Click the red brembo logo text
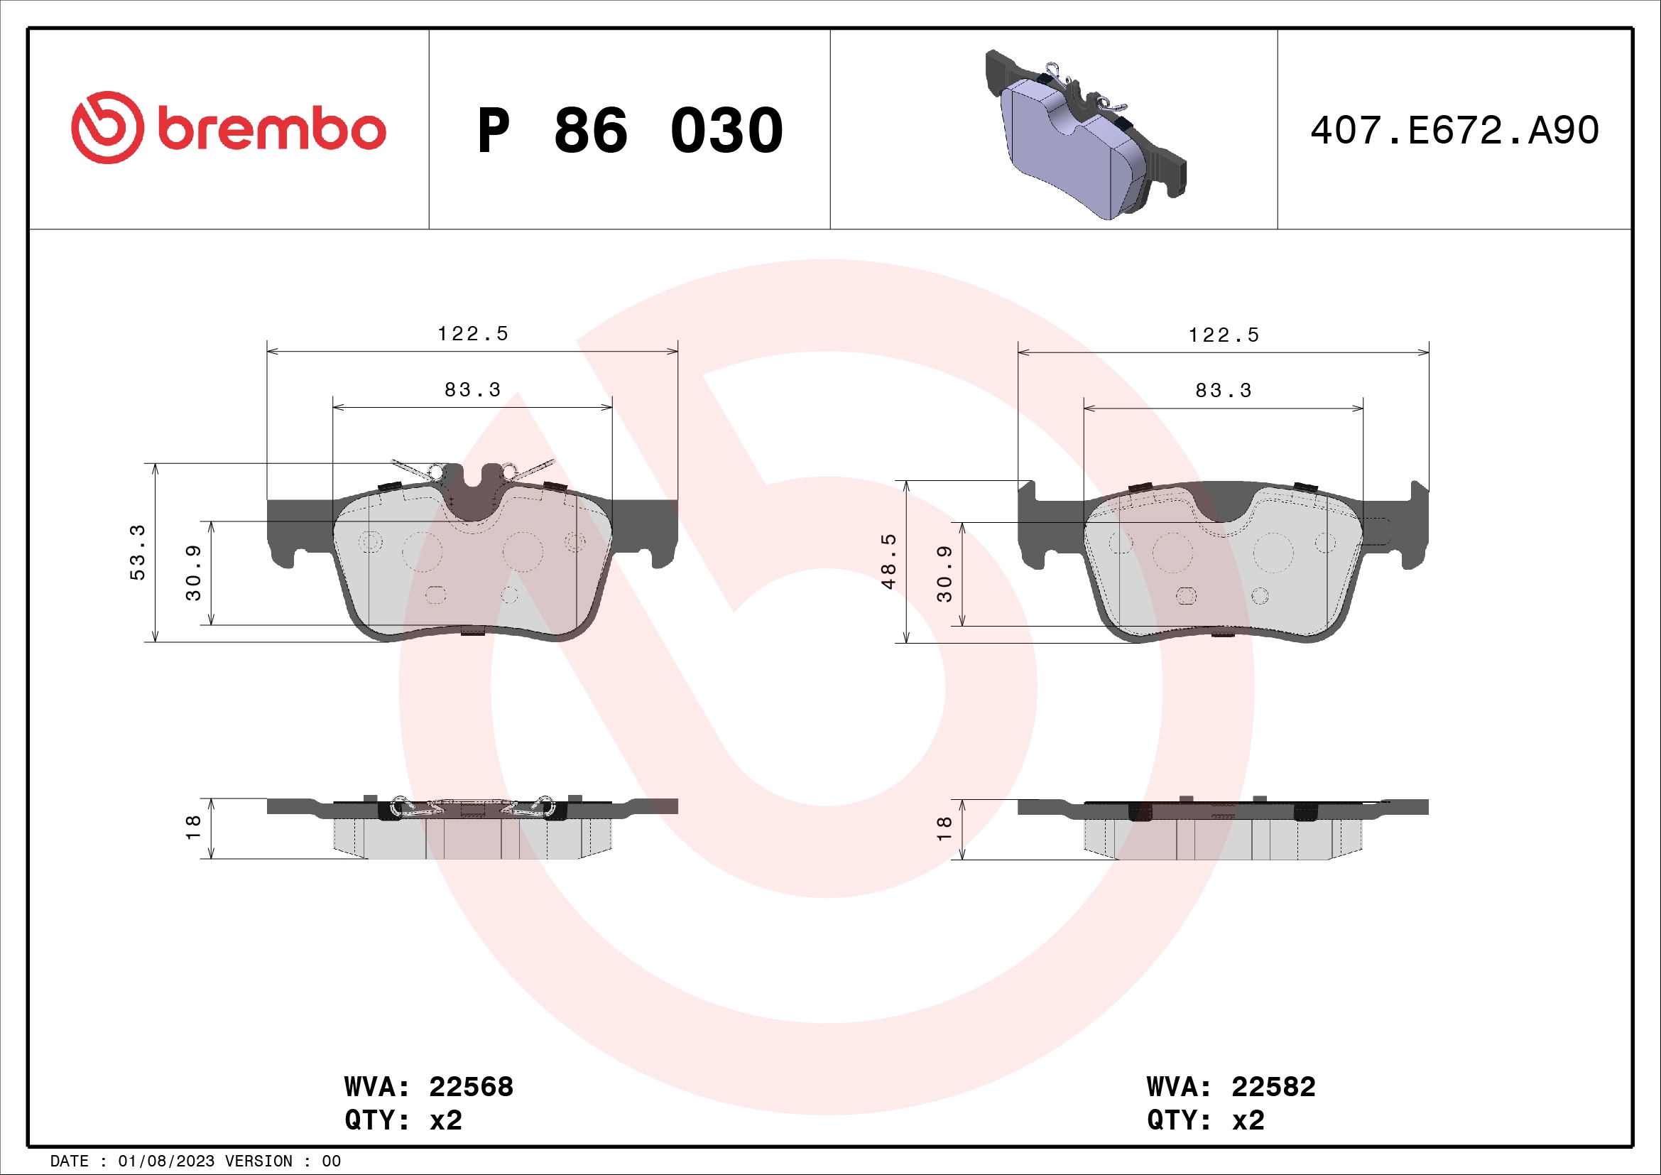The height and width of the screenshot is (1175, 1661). tap(271, 130)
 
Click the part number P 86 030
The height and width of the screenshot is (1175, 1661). tap(629, 131)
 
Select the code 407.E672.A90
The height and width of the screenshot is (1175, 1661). tap(1454, 131)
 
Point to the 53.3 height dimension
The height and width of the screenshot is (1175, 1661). tap(138, 552)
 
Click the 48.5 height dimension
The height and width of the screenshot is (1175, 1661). tap(888, 561)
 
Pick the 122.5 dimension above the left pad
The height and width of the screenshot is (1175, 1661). tap(472, 334)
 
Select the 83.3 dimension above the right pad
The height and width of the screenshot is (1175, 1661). tap(1224, 391)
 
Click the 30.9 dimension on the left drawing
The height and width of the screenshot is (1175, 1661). tap(193, 573)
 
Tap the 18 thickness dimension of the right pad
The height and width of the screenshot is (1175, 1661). tap(943, 828)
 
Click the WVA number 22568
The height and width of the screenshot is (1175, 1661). tap(471, 1087)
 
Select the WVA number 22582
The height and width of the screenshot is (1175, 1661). tap(1273, 1087)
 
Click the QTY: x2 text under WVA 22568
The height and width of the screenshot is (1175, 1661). tap(403, 1120)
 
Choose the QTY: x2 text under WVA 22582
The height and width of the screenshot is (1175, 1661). tap(1205, 1120)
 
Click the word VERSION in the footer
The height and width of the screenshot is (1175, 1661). tap(258, 1162)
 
